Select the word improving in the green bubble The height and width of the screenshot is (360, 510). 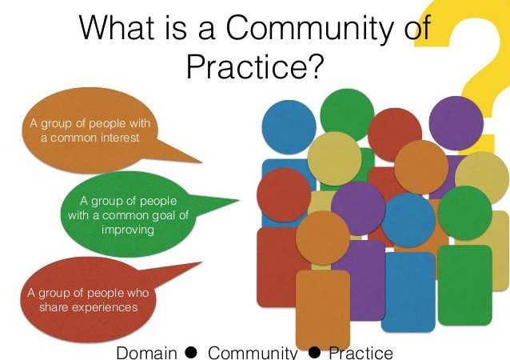click(x=128, y=230)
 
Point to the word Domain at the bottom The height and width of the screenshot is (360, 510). click(x=146, y=352)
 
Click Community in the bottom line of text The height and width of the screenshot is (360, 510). click(x=253, y=352)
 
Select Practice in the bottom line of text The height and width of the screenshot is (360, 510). click(x=361, y=352)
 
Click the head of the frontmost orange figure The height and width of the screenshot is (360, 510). click(x=322, y=237)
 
